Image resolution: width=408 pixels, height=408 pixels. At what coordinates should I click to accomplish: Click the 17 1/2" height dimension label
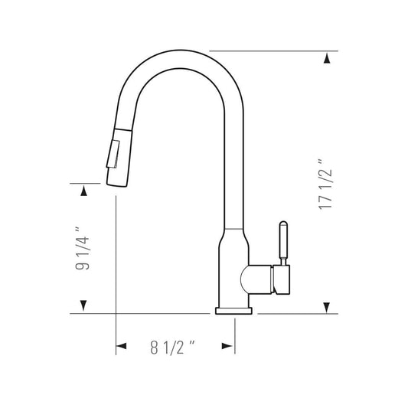[325, 184]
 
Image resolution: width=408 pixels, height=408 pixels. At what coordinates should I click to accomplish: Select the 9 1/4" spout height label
[82, 248]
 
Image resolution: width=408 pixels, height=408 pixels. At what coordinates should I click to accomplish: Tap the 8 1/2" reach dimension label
[172, 347]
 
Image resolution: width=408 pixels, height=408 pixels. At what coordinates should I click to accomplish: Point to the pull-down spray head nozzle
[119, 158]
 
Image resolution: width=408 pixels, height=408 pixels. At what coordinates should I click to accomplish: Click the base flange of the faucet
[233, 311]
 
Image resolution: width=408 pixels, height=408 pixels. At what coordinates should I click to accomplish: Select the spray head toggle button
[113, 154]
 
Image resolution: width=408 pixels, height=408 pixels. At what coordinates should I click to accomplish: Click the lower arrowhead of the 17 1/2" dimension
[327, 307]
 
